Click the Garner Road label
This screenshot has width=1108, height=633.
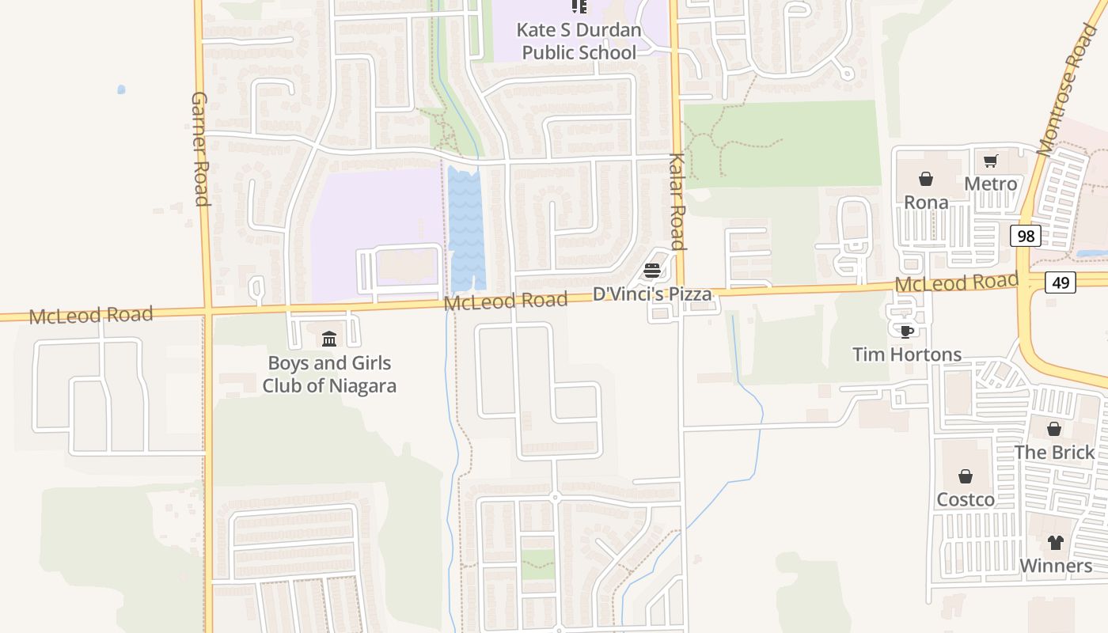coord(199,149)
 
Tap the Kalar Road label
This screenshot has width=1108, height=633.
coord(677,201)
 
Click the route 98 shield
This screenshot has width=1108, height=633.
coord(1026,236)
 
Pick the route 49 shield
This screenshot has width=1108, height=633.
coord(1060,282)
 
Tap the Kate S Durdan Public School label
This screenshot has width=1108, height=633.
coord(579,41)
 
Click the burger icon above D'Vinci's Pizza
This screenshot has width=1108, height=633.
coord(652,271)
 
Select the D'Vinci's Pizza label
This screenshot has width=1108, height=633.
coord(652,294)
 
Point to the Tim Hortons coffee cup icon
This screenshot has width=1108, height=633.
coord(906,331)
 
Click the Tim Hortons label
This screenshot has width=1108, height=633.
coord(907,354)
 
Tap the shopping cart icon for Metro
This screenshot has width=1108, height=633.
coord(990,161)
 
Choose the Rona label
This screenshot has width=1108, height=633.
coord(926,203)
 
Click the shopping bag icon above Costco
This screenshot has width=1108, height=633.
coord(965,476)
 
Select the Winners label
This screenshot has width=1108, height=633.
coord(1056,566)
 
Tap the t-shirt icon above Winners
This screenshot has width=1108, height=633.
coord(1056,543)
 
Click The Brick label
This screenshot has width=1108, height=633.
coord(1054,452)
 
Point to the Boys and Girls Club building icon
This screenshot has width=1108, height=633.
coord(329,339)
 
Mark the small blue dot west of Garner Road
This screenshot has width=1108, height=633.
coord(121,89)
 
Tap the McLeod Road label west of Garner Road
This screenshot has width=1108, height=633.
coord(91,315)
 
